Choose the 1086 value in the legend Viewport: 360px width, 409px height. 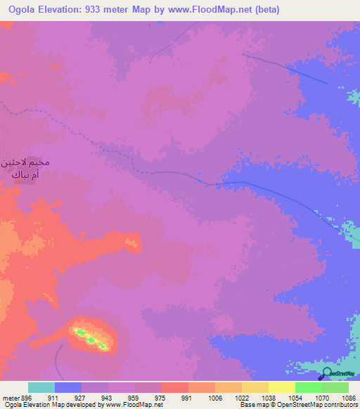click(347, 397)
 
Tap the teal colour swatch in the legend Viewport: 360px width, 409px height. click(41, 387)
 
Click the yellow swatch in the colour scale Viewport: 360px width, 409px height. click(281, 387)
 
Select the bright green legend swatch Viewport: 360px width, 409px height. click(308, 387)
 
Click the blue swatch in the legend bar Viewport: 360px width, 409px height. click(68, 387)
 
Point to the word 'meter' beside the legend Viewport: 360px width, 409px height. click(8, 397)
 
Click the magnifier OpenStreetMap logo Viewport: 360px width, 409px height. click(326, 374)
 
